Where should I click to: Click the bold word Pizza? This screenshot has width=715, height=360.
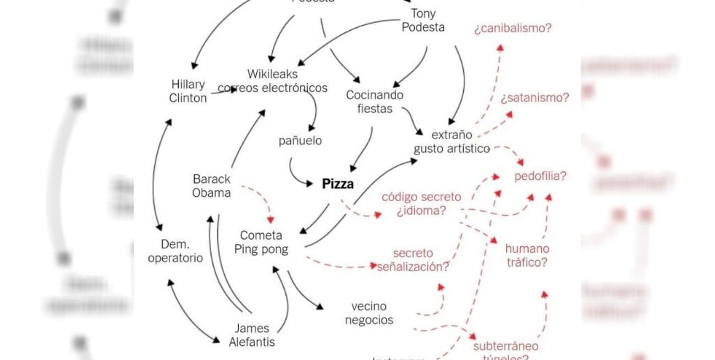338,184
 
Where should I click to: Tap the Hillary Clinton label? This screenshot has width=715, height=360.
188,91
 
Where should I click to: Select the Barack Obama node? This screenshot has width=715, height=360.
212,186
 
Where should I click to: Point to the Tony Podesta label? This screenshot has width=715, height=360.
423,20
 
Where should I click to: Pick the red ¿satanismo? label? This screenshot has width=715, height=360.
535,98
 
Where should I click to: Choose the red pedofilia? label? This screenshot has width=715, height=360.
540,176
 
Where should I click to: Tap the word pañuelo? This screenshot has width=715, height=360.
300,141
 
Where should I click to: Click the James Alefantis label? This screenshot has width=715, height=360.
252,335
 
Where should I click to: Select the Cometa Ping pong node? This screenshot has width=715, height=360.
261,242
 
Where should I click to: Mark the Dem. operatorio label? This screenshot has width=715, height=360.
175,251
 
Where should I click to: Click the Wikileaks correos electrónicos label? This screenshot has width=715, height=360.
273,81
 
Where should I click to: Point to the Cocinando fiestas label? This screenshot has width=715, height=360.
374,102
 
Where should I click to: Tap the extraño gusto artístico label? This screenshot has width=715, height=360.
451,141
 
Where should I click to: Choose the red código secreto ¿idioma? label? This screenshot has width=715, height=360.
421,203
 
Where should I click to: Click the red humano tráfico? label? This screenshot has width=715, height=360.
526,256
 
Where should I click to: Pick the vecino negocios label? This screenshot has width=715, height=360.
369,313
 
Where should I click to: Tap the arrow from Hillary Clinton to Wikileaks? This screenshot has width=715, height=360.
222,91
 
